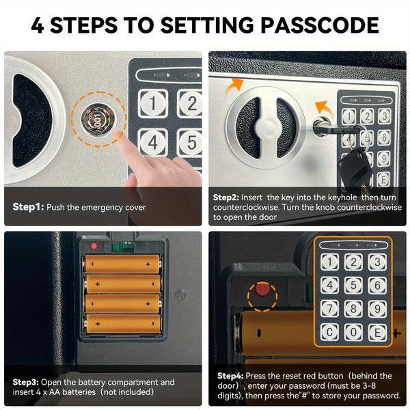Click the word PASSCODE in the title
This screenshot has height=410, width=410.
(x=320, y=25)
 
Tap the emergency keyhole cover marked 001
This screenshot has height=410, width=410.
(x=98, y=120)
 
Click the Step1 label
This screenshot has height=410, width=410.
(x=28, y=207)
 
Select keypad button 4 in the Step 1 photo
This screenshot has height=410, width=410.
(x=153, y=143)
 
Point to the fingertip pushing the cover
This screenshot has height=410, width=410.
(x=118, y=134)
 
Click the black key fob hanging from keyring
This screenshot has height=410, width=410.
(x=355, y=164)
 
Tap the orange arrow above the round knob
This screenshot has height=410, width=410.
(x=234, y=87)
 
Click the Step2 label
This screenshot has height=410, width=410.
(x=226, y=197)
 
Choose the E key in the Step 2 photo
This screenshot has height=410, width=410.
(x=383, y=179)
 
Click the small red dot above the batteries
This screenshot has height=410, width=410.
(x=94, y=246)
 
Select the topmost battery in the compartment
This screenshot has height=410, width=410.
(x=122, y=264)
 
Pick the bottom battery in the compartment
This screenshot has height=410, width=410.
(x=122, y=323)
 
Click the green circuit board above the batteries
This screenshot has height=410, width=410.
(x=123, y=247)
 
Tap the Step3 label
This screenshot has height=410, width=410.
(x=26, y=382)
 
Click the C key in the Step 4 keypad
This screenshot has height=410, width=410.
(x=329, y=332)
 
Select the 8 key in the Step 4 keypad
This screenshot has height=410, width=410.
(x=353, y=309)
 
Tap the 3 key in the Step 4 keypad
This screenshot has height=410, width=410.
(x=377, y=262)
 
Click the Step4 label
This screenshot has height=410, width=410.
(x=230, y=376)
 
